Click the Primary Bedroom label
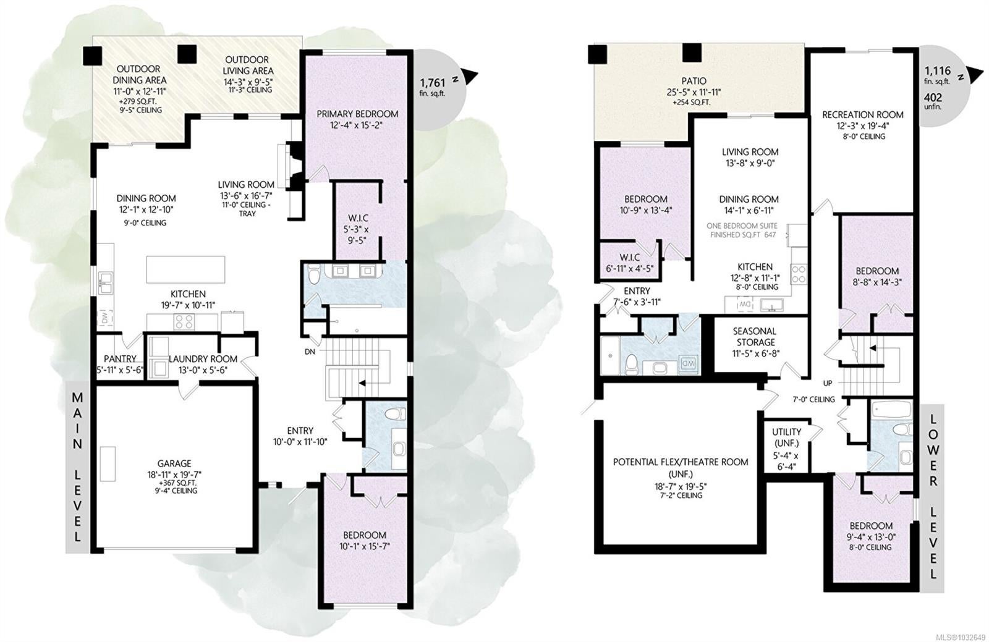(x=357, y=114)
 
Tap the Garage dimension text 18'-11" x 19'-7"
(x=174, y=475)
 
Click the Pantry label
(x=120, y=359)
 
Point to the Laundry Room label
(x=203, y=359)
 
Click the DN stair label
(x=310, y=352)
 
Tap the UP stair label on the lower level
(x=828, y=383)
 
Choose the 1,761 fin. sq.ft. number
(x=432, y=83)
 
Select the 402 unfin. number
(x=933, y=98)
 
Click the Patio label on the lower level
(x=694, y=81)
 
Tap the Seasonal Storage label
(x=754, y=336)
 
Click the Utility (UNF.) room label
(x=787, y=437)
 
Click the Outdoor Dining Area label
(x=140, y=74)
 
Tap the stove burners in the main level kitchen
(x=182, y=322)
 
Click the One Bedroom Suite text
(x=742, y=226)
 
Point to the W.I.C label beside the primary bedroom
(x=358, y=218)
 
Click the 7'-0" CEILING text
(x=813, y=399)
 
